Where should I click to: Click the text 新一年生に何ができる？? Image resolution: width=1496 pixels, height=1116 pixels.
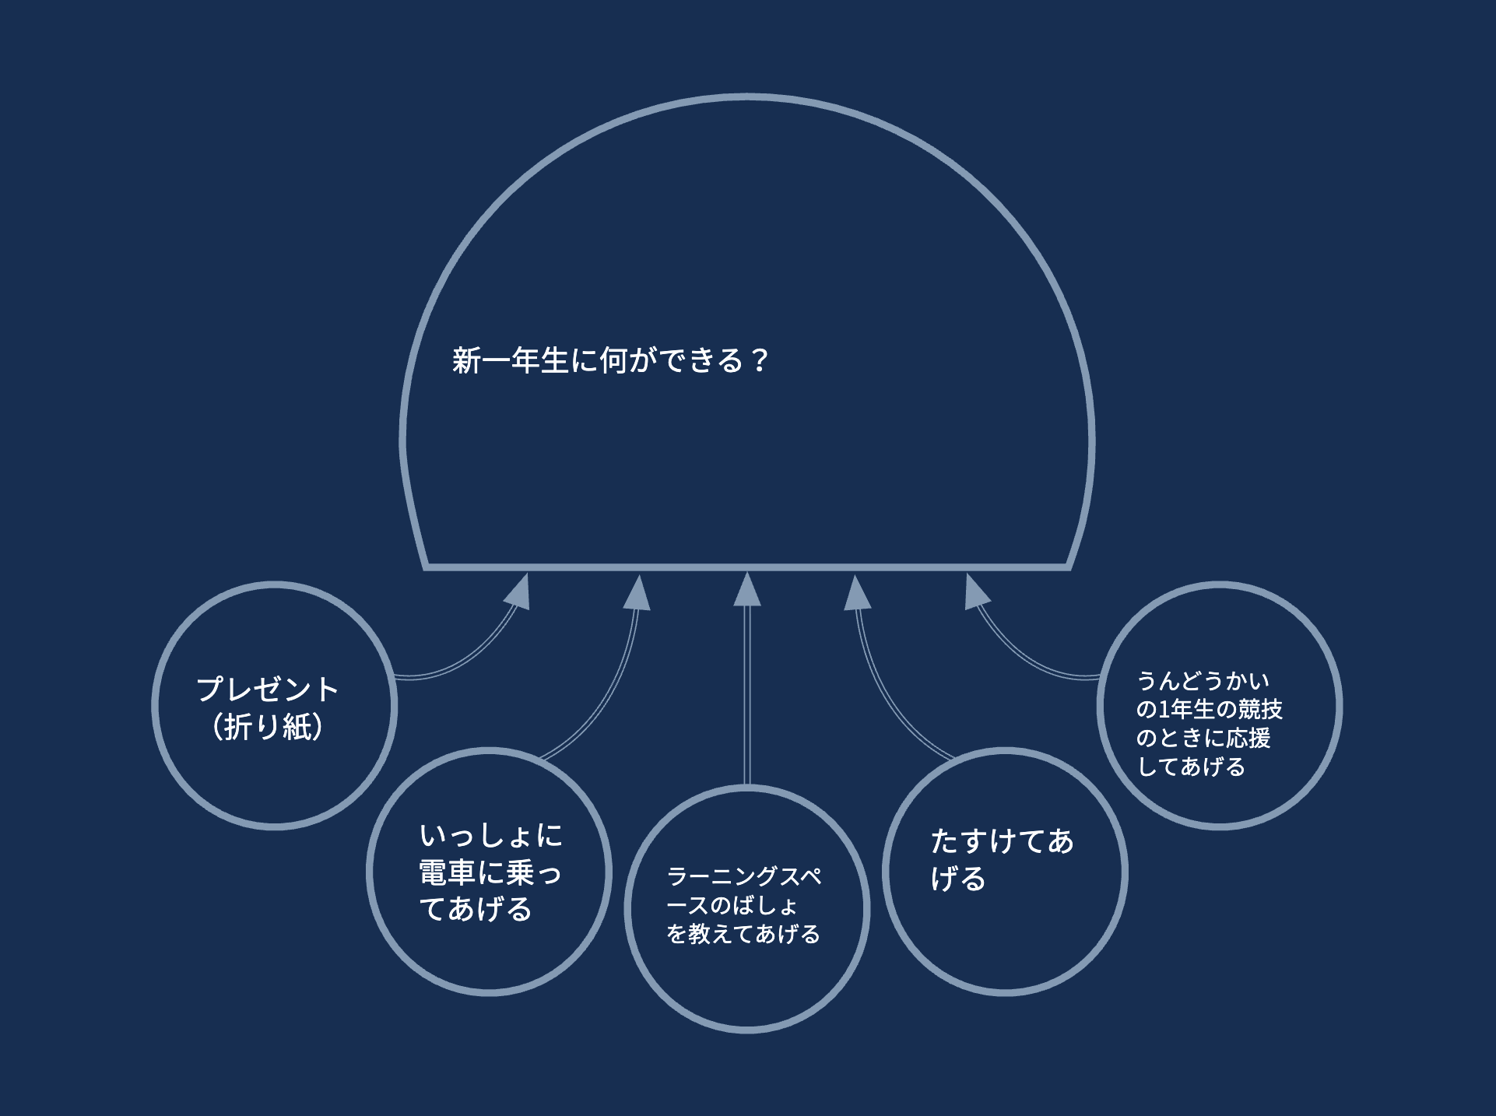(x=611, y=360)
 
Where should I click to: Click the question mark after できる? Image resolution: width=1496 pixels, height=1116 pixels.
(x=760, y=360)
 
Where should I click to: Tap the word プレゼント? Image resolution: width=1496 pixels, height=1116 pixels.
(x=267, y=689)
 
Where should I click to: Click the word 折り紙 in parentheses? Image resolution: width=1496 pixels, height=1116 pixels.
(x=269, y=727)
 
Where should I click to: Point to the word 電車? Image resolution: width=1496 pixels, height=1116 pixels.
(x=447, y=872)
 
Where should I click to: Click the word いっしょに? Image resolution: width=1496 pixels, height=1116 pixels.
(x=490, y=836)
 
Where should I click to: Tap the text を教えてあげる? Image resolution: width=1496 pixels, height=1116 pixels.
(x=743, y=933)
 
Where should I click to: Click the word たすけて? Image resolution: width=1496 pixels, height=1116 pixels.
(x=988, y=841)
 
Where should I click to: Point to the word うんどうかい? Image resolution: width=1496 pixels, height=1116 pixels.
(x=1203, y=681)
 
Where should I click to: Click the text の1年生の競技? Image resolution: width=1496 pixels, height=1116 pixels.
(x=1209, y=709)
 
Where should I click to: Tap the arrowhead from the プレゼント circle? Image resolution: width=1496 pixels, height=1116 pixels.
(x=519, y=592)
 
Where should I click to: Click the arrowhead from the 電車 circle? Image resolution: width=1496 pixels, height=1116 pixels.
(x=637, y=593)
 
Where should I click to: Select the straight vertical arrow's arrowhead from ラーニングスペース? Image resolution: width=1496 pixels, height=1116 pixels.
(x=747, y=589)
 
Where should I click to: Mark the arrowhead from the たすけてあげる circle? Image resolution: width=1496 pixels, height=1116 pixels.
(x=857, y=593)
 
